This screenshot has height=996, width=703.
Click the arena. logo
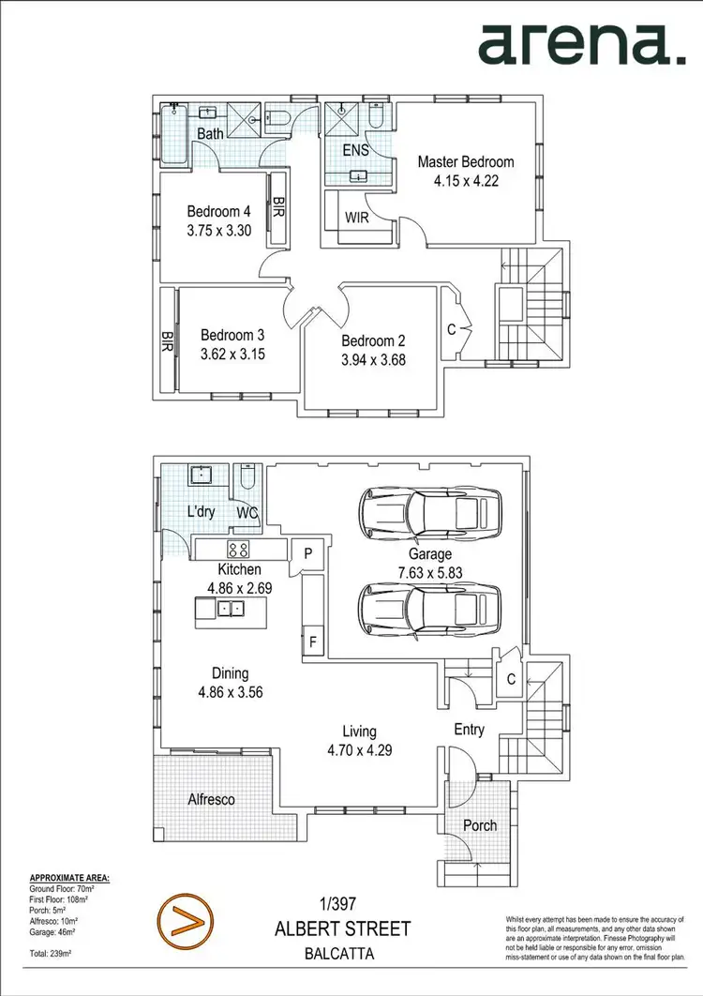(x=581, y=44)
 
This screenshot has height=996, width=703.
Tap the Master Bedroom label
(x=466, y=161)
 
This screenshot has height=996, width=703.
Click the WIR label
(x=356, y=218)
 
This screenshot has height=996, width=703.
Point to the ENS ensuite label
(x=356, y=150)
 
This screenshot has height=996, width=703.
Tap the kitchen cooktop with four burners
(x=238, y=551)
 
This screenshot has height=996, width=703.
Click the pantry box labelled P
(x=307, y=553)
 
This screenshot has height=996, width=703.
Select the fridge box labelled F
(x=312, y=643)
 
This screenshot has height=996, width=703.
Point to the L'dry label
(x=202, y=512)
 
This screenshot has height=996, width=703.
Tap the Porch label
(x=480, y=825)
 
